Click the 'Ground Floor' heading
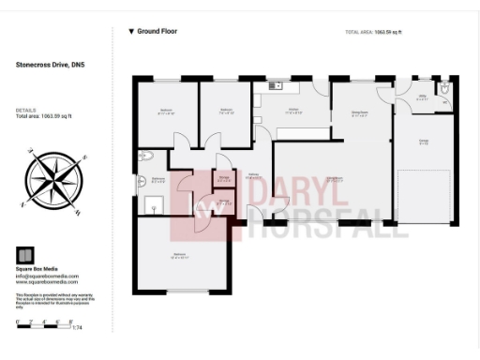[x=157, y=31]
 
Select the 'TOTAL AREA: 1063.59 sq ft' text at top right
[x=373, y=32]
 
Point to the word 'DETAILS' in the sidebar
[x=25, y=110]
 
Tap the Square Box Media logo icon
[x=26, y=255]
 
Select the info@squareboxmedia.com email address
[x=47, y=276]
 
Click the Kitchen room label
[x=292, y=112]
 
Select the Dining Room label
[x=359, y=114]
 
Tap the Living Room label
[x=333, y=179]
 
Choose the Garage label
[x=424, y=142]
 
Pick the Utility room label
[x=422, y=96]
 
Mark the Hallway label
[x=252, y=175]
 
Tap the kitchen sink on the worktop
[x=275, y=86]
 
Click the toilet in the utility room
[x=445, y=90]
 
